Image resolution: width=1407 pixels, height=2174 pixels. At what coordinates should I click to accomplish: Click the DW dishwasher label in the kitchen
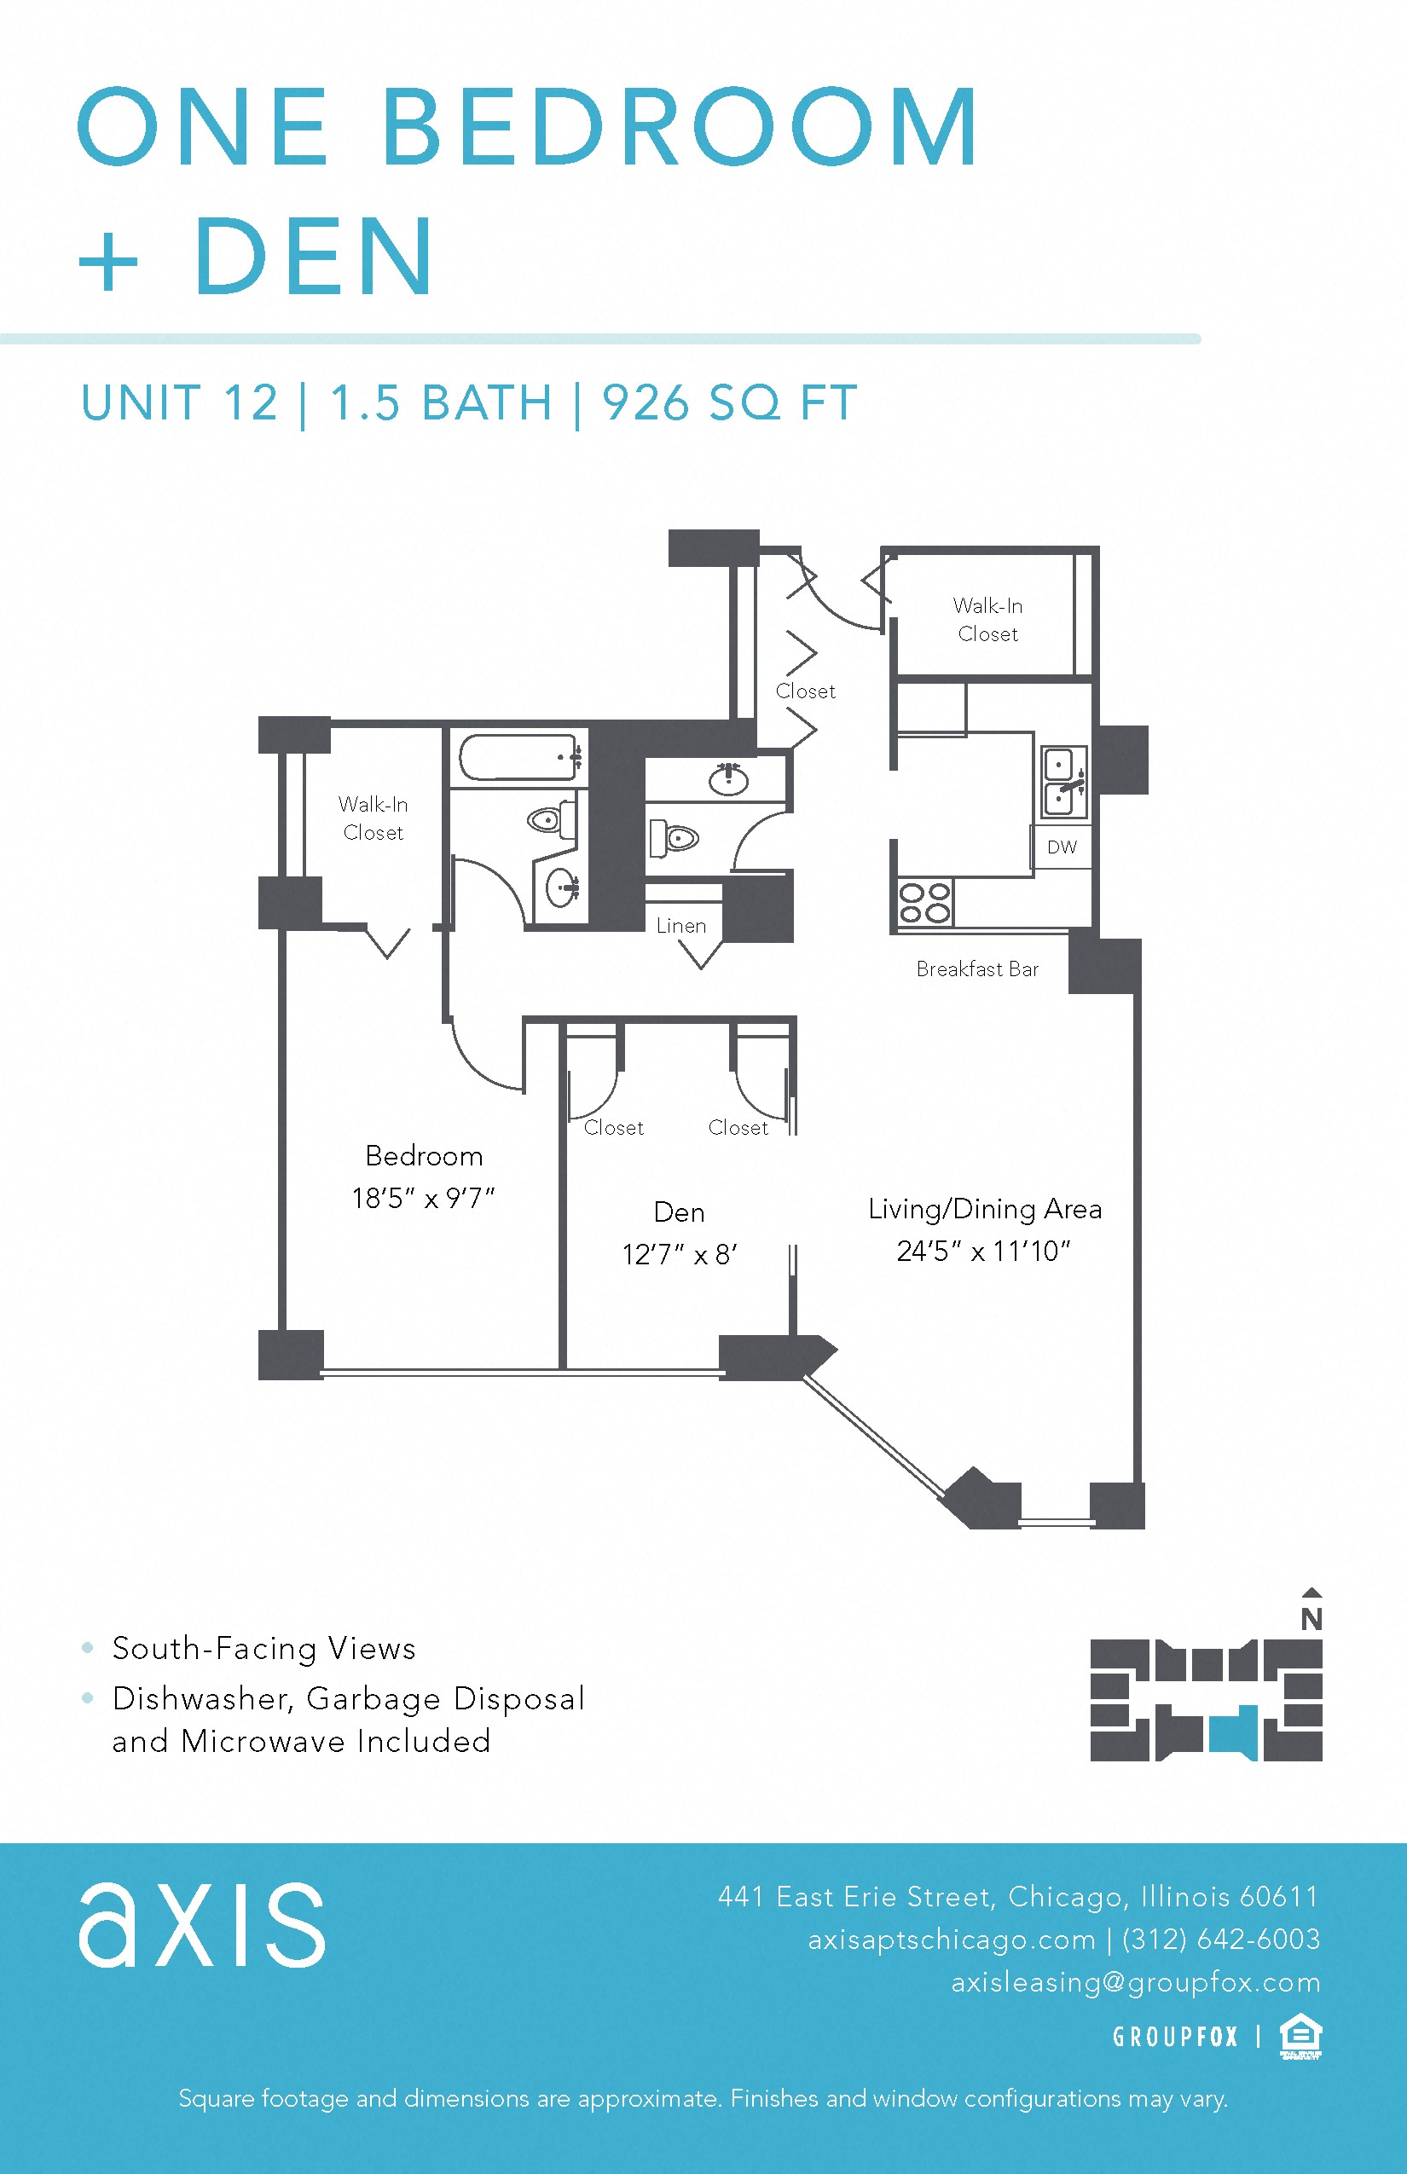point(1062,847)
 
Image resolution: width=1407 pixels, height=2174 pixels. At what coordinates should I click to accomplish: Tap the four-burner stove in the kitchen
point(924,903)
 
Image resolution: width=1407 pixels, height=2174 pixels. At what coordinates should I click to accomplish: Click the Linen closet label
point(681,925)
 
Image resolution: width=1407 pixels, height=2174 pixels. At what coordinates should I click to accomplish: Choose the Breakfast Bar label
point(977,969)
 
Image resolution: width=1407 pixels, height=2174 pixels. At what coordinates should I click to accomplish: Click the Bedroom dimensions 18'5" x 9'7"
point(423,1198)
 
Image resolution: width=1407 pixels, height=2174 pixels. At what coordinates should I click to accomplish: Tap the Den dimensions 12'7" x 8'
point(679,1254)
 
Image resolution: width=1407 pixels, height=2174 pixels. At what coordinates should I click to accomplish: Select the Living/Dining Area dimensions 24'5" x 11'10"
point(984,1251)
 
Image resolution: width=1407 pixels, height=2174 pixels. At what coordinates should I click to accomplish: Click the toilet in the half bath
point(675,837)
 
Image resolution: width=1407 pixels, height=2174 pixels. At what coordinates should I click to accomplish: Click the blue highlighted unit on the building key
point(1233,1732)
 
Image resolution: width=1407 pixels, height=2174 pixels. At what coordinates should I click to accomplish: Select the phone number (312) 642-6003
point(1220,1939)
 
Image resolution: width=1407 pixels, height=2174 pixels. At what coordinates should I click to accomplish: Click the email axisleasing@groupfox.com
point(1136,1981)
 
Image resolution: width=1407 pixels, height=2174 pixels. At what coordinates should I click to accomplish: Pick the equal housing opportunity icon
point(1301,2036)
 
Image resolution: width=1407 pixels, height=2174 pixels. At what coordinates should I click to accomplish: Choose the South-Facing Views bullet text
point(264,1648)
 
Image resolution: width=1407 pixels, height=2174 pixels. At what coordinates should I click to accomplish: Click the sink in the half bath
point(728,779)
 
